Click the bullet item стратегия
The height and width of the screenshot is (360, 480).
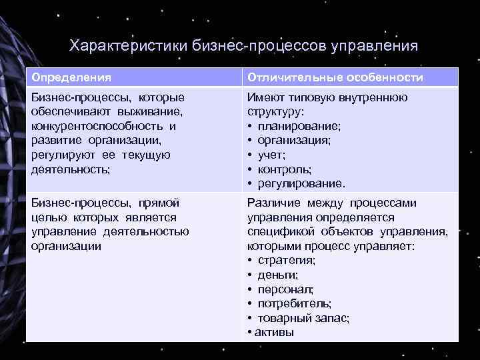coord(287,261)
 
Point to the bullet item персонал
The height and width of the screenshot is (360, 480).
coord(285,289)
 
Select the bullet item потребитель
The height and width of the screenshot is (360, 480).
coord(294,303)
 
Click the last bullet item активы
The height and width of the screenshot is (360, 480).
coord(275,332)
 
